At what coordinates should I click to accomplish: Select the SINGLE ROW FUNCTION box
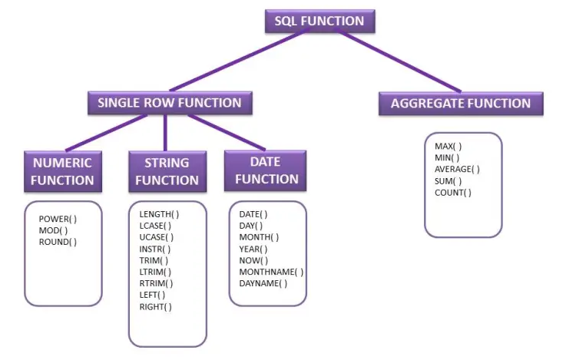point(169,103)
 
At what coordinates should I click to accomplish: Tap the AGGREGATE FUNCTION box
point(461,104)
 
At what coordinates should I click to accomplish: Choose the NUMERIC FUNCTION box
point(63,171)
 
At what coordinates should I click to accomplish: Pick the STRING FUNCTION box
point(167,171)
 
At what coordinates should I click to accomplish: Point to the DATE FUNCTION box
point(266,170)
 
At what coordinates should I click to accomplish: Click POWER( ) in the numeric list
point(58,219)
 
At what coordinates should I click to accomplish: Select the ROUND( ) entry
point(58,242)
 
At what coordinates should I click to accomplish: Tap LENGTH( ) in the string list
point(159,214)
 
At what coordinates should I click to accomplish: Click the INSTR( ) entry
point(155,249)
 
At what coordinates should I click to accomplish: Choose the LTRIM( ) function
point(155,272)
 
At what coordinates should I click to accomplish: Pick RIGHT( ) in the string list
point(155,306)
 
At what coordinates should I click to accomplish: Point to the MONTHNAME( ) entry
point(271,272)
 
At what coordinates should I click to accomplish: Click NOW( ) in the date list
point(253,260)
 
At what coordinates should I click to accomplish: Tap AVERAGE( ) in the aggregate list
point(457,169)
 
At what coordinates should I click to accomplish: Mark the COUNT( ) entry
point(453,193)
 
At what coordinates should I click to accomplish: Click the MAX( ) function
point(448,146)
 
